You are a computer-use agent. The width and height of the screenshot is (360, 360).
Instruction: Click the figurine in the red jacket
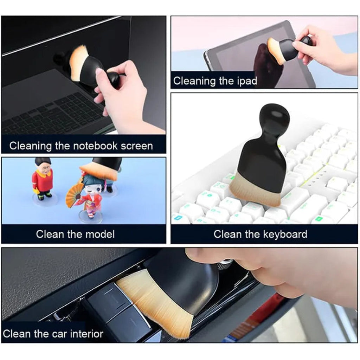[x=43, y=179]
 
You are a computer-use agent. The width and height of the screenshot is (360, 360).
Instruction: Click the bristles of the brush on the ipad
[x=274, y=51]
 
